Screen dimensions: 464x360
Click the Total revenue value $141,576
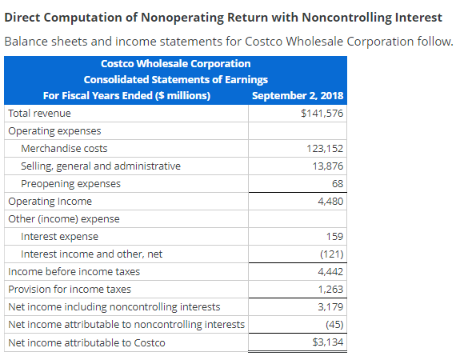(x=322, y=114)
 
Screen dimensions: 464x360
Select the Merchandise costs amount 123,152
(x=326, y=149)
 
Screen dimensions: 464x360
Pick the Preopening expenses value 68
(x=337, y=184)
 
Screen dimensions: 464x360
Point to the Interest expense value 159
(x=334, y=237)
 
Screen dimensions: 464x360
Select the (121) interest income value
(x=330, y=254)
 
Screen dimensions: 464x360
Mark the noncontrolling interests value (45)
(x=333, y=325)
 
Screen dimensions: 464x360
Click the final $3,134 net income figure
(x=327, y=343)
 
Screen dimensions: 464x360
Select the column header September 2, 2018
(x=298, y=96)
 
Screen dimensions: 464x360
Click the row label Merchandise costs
(x=64, y=149)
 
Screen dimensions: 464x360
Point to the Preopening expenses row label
(x=70, y=184)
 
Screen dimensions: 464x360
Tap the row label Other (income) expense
(x=64, y=219)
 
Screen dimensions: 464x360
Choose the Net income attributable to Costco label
(x=86, y=343)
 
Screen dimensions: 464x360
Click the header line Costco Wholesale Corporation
(x=176, y=63)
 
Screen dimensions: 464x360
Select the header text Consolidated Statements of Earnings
(x=176, y=79)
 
